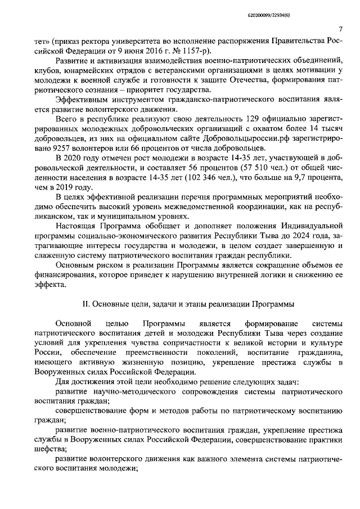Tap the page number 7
(341, 29)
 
